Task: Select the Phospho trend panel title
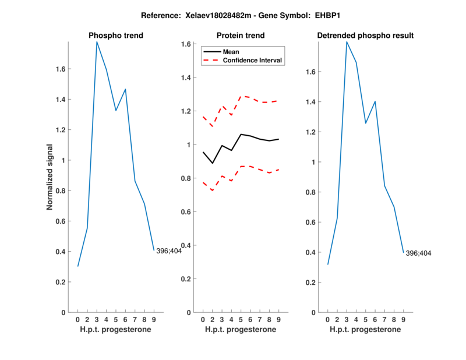point(116,36)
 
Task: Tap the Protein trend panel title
point(241,36)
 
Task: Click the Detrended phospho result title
point(365,36)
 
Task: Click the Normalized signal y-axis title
point(50,177)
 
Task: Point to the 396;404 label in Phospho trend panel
point(169,251)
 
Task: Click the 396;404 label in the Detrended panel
point(418,253)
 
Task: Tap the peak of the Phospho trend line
point(97,42)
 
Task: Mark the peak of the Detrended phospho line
point(347,42)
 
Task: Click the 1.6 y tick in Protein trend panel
point(186,44)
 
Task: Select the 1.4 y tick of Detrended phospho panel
point(312,102)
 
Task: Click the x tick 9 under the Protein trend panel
point(278,320)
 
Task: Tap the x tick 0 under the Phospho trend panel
point(77,320)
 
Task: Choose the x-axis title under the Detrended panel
point(365,330)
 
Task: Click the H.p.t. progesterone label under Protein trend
point(241,330)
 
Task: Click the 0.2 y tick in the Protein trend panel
point(186,279)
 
